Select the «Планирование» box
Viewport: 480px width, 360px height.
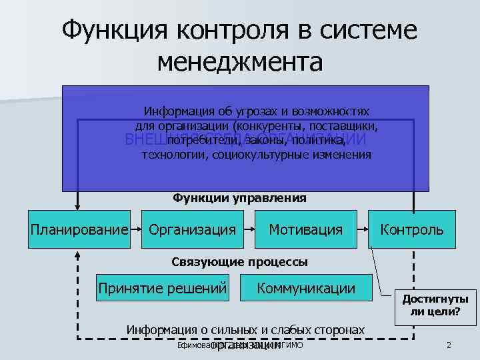pyautogui.click(x=79, y=230)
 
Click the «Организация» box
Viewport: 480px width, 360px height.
pyautogui.click(x=193, y=230)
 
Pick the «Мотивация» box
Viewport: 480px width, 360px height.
pyautogui.click(x=305, y=230)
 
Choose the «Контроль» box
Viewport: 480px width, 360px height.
pyautogui.click(x=411, y=230)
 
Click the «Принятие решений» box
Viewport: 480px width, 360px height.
pyautogui.click(x=163, y=289)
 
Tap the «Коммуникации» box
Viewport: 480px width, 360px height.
pyautogui.click(x=307, y=289)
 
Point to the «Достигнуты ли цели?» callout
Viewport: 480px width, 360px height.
pyautogui.click(x=431, y=305)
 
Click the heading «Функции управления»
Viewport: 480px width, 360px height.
pyautogui.click(x=240, y=197)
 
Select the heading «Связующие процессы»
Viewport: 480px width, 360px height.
pyautogui.click(x=240, y=262)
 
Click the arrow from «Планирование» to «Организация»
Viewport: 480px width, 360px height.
pyautogui.click(x=138, y=230)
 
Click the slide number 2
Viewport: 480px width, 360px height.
pyautogui.click(x=449, y=345)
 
